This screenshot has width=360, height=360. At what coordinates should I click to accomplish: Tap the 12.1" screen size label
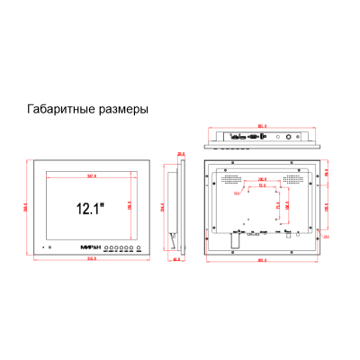tap(89, 209)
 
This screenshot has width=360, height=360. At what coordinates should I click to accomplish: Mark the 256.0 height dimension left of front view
tap(26, 209)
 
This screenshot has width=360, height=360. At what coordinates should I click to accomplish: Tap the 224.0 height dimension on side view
tap(163, 209)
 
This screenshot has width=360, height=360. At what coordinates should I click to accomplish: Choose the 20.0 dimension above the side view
tap(181, 153)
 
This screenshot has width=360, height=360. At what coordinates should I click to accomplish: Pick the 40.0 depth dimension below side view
tap(176, 260)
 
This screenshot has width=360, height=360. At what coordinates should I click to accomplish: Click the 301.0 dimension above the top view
tap(263, 125)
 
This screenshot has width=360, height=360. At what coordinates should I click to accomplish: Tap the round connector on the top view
tap(290, 138)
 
